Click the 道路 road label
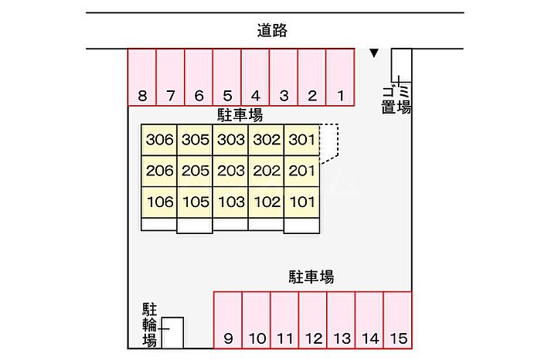click(x=272, y=30)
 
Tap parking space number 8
click(x=141, y=77)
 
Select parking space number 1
click(x=340, y=77)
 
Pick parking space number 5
click(x=227, y=77)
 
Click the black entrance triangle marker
click(x=374, y=53)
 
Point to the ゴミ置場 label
click(x=396, y=100)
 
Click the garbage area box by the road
click(x=401, y=65)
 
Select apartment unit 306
click(x=159, y=140)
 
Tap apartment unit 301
click(x=302, y=140)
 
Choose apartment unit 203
click(x=230, y=171)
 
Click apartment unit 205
click(x=195, y=171)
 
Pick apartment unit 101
click(x=302, y=202)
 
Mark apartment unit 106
click(x=159, y=202)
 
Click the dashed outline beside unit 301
click(x=338, y=141)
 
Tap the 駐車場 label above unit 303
click(x=240, y=115)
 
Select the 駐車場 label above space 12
click(x=311, y=277)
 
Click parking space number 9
click(x=228, y=320)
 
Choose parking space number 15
click(x=398, y=320)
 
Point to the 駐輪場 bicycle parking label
click(x=150, y=324)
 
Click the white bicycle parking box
click(x=172, y=333)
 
